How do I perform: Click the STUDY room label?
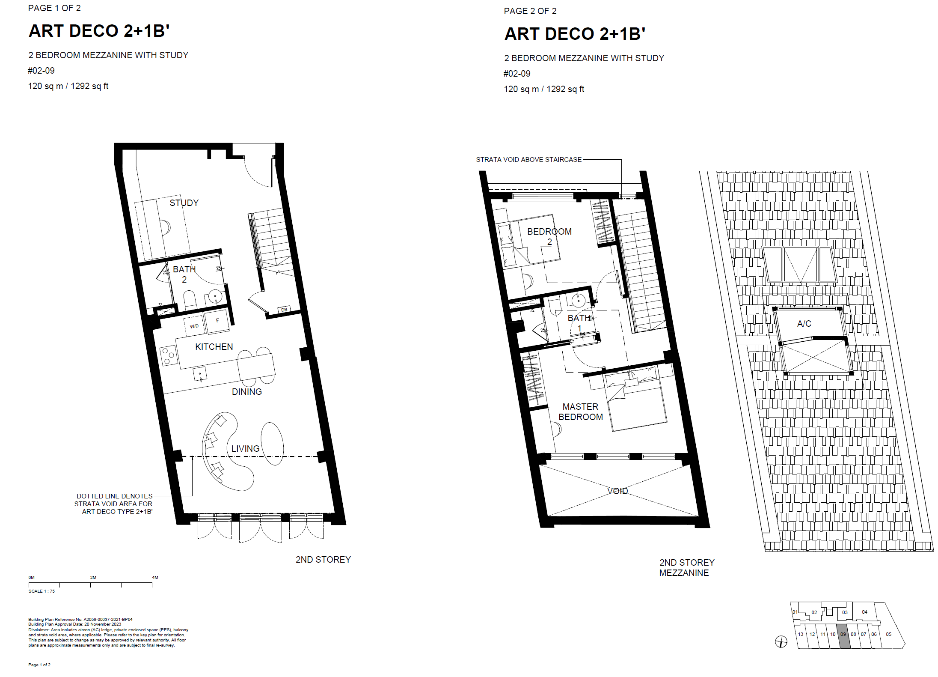184,203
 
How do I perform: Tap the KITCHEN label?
214,347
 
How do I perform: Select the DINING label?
247,392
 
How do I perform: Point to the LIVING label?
246,449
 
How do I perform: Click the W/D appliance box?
194,326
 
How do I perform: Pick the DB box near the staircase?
284,310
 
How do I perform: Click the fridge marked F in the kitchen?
217,321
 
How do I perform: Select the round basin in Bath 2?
215,296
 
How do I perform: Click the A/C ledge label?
804,324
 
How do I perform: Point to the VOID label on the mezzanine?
617,491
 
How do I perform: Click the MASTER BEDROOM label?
581,412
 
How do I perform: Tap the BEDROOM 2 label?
549,237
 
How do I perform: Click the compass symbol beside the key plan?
781,641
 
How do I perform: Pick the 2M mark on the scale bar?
93,578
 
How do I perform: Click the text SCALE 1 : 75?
42,591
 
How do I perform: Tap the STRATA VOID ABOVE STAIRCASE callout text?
529,160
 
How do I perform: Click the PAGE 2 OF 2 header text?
530,11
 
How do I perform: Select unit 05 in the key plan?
889,634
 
